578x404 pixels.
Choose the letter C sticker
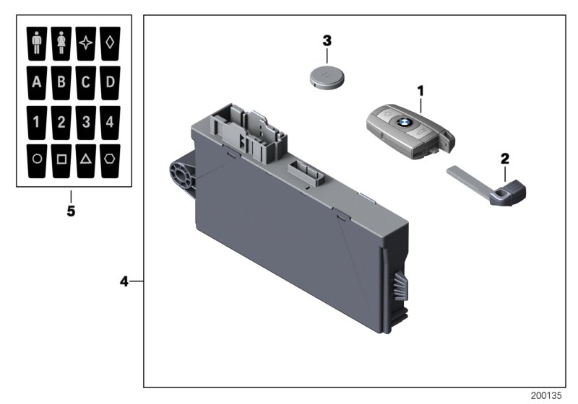(x=85, y=81)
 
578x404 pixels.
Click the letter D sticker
(x=109, y=81)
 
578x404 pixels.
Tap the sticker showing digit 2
(x=61, y=120)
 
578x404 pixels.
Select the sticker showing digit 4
(x=109, y=120)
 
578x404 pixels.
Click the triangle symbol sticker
(x=85, y=159)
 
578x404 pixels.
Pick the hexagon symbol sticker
(x=109, y=159)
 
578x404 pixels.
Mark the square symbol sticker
(x=61, y=159)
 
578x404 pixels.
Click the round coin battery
(x=327, y=76)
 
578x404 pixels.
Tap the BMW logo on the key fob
(x=402, y=124)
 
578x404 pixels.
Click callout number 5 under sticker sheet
(x=71, y=212)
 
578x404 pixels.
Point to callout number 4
(x=124, y=281)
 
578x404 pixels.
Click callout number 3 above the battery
(x=327, y=40)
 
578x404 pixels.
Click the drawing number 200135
(x=546, y=396)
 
